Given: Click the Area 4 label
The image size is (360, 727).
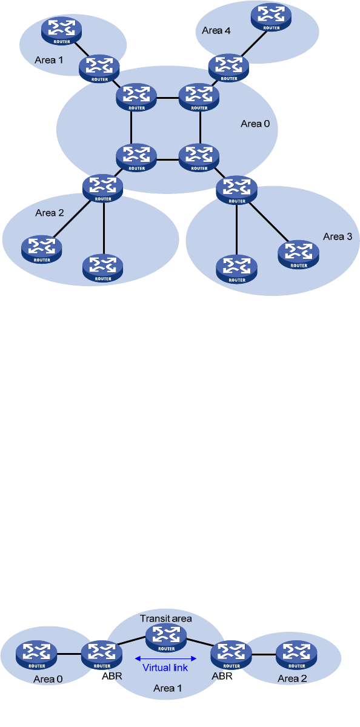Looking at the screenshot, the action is (216, 31).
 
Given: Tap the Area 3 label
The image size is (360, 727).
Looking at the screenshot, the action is (338, 237).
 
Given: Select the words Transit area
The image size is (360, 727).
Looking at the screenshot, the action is (166, 618).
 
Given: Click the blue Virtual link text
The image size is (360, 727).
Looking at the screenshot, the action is (165, 668).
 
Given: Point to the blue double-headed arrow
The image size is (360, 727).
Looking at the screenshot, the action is (165, 658).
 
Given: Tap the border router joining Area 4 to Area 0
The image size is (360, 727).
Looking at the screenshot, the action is (229, 68).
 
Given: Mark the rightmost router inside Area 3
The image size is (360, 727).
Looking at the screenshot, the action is (298, 255).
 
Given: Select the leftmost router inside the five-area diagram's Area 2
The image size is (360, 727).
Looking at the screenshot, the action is (42, 249).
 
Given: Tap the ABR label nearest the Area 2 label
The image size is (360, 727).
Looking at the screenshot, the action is (221, 676).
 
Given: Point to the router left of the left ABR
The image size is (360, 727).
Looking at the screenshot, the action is (36, 654).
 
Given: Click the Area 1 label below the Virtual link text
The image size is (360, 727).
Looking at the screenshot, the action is (167, 688).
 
